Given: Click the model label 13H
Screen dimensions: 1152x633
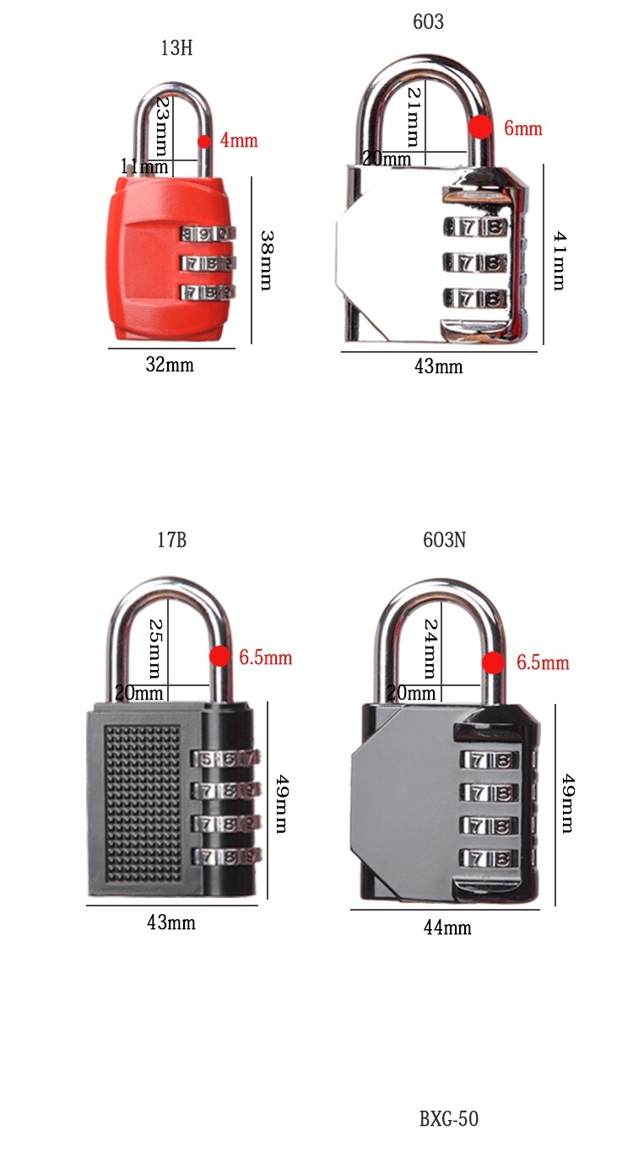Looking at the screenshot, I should (177, 48).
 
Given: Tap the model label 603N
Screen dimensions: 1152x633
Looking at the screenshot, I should (444, 540).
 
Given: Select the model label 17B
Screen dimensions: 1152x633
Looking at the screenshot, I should (171, 540).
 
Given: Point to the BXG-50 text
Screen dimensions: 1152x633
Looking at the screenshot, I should (449, 1119).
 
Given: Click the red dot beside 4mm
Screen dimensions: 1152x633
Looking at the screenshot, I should (204, 141).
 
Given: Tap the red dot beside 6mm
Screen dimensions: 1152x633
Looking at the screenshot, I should (480, 127).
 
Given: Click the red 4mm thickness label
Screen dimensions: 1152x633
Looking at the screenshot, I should (239, 141).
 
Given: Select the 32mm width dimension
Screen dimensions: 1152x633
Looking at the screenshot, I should (170, 365).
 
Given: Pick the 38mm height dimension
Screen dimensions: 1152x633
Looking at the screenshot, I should (266, 260).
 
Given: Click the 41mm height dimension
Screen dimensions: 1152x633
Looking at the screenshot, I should (558, 262).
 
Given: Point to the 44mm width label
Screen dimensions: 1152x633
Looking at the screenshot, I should (447, 928).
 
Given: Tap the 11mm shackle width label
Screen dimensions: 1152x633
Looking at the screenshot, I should (143, 166).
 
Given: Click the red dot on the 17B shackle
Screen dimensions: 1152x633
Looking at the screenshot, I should (219, 657).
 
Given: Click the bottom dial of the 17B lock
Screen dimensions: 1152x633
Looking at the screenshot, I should (226, 857).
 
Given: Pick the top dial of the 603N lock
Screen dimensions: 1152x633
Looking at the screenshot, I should (487, 760).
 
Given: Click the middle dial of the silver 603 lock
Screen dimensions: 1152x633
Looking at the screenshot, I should (474, 262).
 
